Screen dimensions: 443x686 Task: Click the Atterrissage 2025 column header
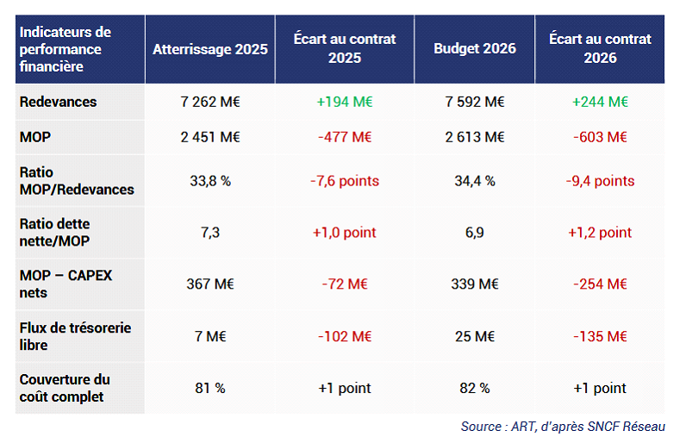[x=210, y=49]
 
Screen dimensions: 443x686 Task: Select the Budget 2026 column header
[x=475, y=49]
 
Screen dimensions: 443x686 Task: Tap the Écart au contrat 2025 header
[x=345, y=49]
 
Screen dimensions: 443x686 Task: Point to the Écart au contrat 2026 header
[x=600, y=49]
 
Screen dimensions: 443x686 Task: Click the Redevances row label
[x=58, y=102]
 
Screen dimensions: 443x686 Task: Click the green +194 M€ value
[x=345, y=102]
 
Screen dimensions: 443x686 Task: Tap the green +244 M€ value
[x=600, y=102]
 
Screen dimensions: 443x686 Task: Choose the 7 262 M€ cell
[x=210, y=102]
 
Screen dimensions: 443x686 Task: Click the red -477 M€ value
[x=345, y=137]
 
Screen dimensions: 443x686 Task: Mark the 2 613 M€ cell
[x=475, y=137]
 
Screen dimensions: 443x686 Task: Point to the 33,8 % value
[x=210, y=181]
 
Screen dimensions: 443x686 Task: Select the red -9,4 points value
[x=600, y=181]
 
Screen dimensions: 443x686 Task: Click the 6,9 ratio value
[x=475, y=233]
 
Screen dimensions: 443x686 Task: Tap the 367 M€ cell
[x=210, y=284]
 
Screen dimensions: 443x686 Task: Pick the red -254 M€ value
[x=600, y=284]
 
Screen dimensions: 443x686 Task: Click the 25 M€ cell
[x=475, y=336]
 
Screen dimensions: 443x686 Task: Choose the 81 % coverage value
[x=210, y=388]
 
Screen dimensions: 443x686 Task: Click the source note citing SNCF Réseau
[x=563, y=427]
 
